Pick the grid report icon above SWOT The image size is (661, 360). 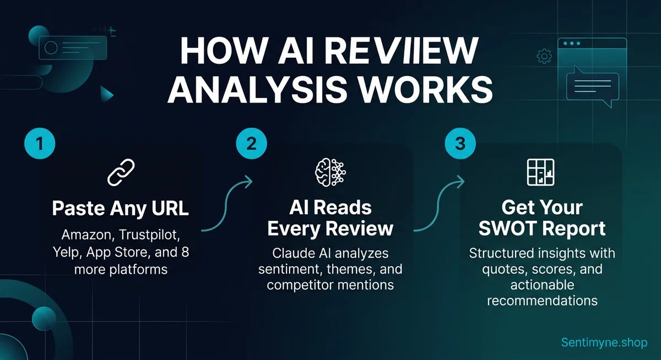tap(541, 172)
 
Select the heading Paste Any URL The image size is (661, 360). tap(121, 209)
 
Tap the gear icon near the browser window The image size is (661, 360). tap(544, 55)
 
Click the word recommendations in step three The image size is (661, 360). tap(542, 301)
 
